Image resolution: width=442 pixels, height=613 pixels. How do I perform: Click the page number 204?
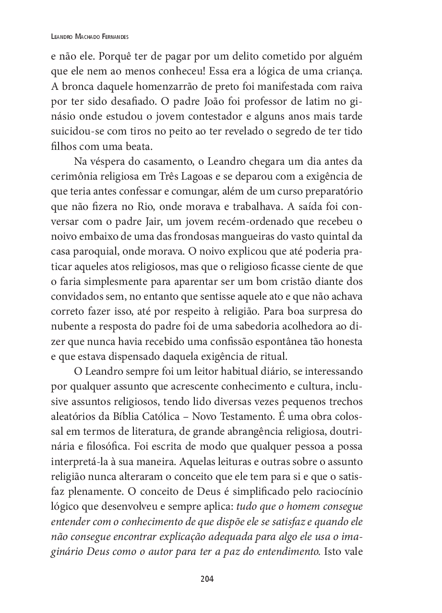click(x=207, y=578)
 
